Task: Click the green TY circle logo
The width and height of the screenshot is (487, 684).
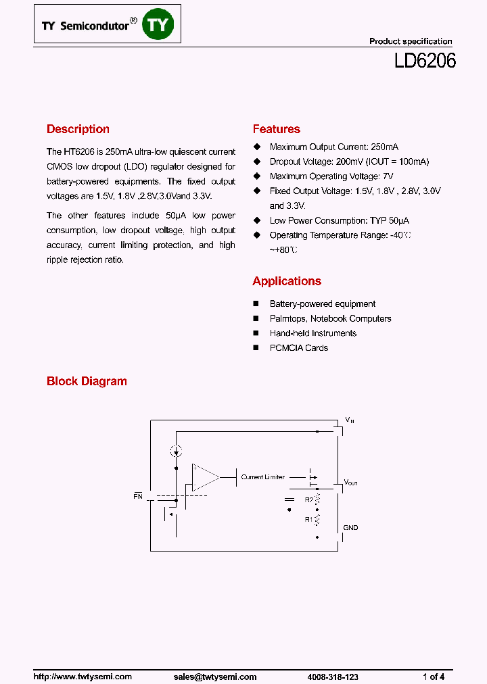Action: pyautogui.click(x=162, y=25)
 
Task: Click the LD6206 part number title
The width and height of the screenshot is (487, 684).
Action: pyautogui.click(x=425, y=62)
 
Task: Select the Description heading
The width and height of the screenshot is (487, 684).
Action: pyautogui.click(x=78, y=129)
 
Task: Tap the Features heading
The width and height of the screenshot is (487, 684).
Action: pyautogui.click(x=276, y=129)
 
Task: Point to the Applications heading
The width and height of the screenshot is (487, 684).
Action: pyautogui.click(x=287, y=281)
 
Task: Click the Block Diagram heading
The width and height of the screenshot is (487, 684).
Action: pyautogui.click(x=87, y=381)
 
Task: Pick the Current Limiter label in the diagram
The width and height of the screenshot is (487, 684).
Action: pyautogui.click(x=263, y=477)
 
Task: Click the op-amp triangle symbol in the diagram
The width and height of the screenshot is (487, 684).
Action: pyautogui.click(x=204, y=477)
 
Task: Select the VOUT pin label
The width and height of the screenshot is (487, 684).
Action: pyautogui.click(x=351, y=483)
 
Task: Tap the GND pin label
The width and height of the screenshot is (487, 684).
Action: pyautogui.click(x=350, y=528)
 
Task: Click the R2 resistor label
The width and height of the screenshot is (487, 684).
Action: pyautogui.click(x=308, y=500)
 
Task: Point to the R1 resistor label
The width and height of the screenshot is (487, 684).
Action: pyautogui.click(x=308, y=520)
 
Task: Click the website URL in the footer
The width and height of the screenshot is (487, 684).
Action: pyautogui.click(x=83, y=677)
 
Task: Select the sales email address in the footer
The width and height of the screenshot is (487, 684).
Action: pyautogui.click(x=214, y=677)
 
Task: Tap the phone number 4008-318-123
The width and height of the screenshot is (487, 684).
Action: pyautogui.click(x=333, y=677)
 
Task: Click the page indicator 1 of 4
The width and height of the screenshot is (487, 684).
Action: pyautogui.click(x=434, y=677)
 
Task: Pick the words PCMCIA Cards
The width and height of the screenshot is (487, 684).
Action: pyautogui.click(x=298, y=348)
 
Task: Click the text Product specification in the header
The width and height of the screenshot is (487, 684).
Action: pyautogui.click(x=411, y=41)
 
